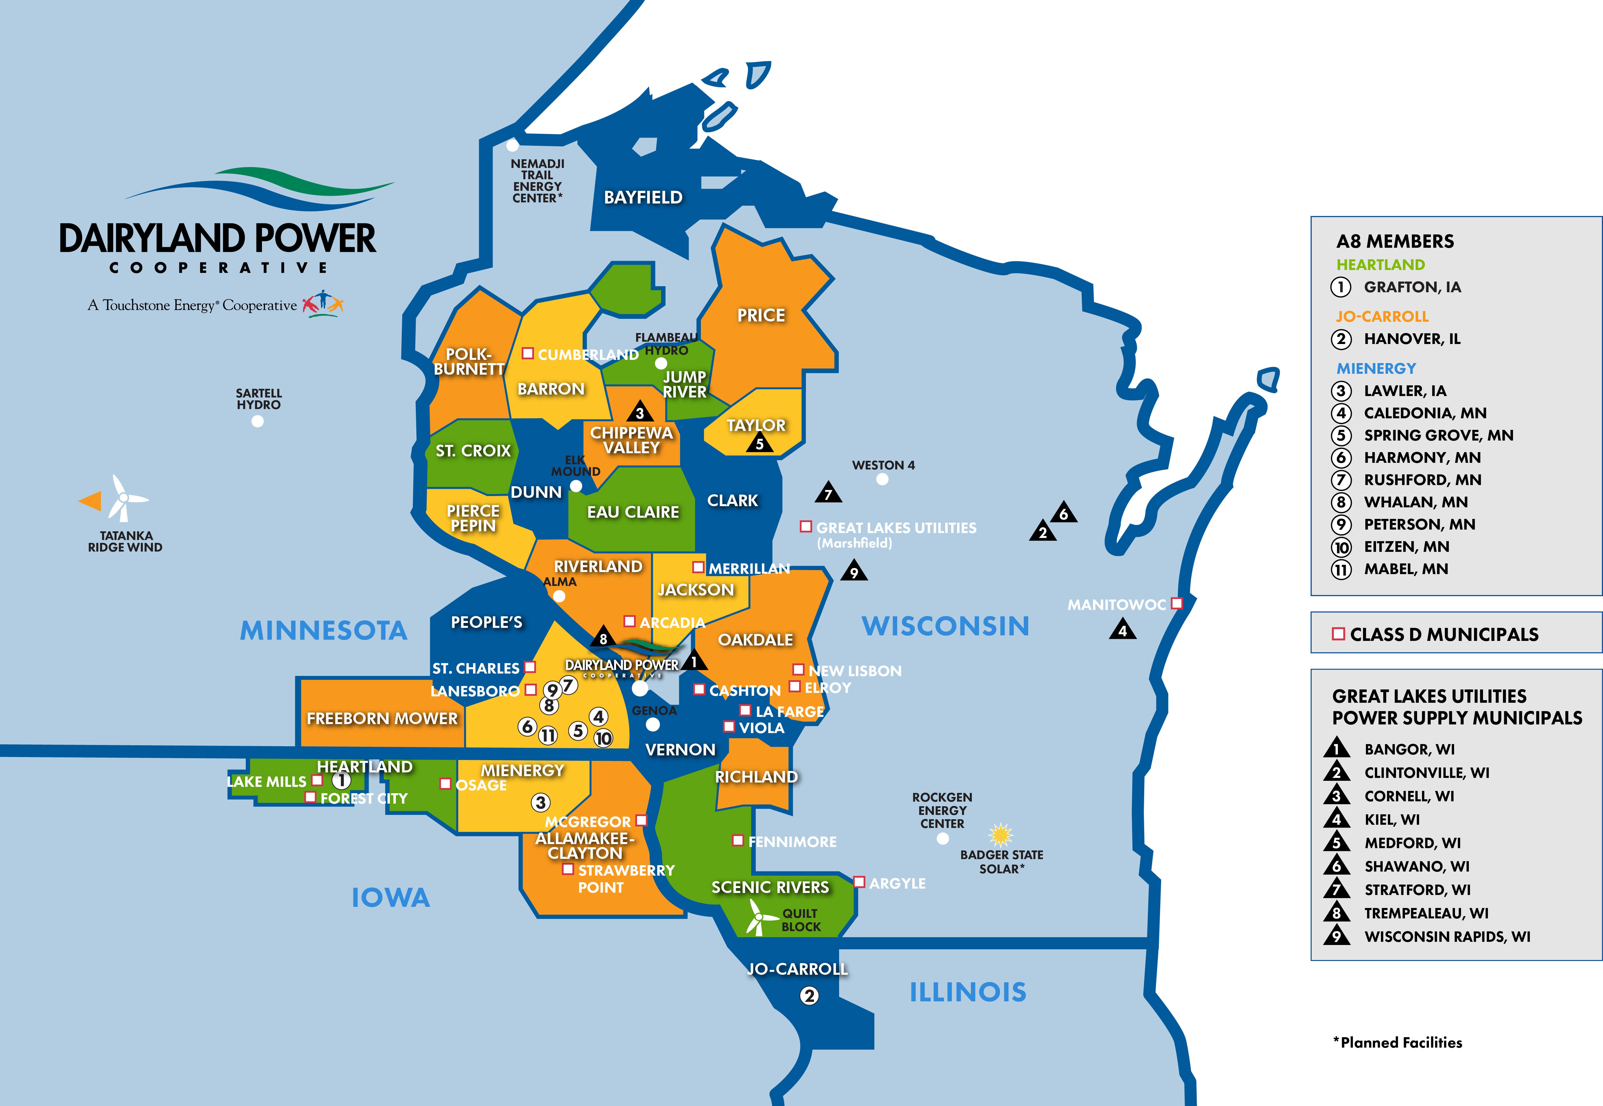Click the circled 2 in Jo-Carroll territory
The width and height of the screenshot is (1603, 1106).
point(809,996)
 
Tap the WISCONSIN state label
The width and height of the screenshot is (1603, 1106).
point(945,626)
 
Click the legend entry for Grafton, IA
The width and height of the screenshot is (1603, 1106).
point(1412,287)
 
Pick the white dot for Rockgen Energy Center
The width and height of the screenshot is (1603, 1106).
point(943,839)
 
